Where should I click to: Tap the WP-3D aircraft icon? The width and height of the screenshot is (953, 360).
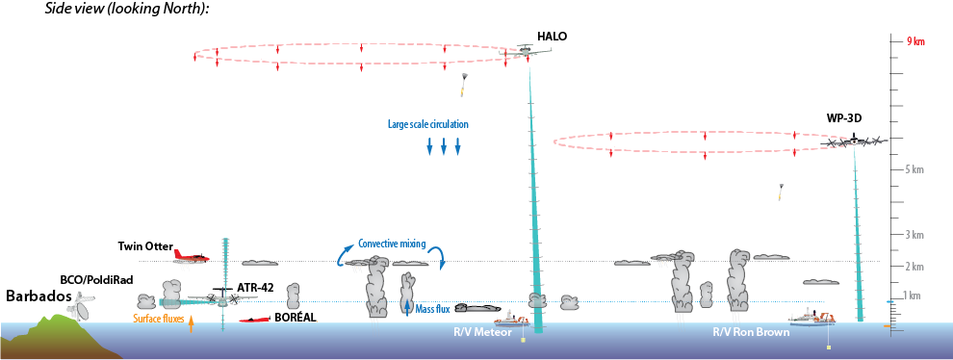[854, 141]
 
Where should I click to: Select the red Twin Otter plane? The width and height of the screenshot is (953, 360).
[191, 256]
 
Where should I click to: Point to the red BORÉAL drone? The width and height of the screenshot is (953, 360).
[255, 319]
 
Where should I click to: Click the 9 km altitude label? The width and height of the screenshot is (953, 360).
[915, 41]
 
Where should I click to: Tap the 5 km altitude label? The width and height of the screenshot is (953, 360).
[915, 169]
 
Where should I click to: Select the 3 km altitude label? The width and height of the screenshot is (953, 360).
[915, 234]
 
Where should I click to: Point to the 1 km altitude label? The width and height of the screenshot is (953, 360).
[915, 295]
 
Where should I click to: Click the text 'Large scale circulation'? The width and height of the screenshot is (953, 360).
[427, 124]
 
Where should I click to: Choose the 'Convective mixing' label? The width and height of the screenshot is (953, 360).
[392, 244]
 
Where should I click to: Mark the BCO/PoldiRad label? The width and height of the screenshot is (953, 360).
[96, 279]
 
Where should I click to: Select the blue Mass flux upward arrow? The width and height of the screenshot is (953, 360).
[408, 308]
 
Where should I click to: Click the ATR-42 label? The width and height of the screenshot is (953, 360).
[255, 287]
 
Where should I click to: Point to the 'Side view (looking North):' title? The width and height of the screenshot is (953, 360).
[127, 9]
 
